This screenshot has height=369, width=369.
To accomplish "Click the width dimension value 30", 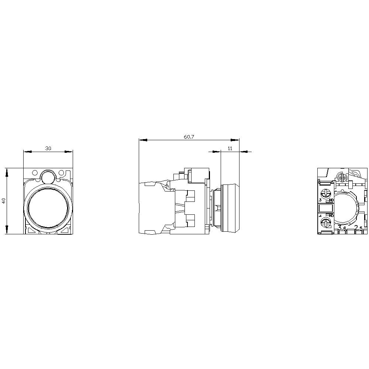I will point(48,148).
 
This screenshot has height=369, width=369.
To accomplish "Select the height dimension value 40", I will point(4,201).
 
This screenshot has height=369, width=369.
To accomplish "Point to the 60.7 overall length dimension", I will point(189,137).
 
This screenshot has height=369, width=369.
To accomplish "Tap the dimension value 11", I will point(230,148).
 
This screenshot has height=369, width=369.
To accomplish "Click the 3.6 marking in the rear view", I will point(342,228).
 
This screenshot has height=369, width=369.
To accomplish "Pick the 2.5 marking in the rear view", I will point(358,228).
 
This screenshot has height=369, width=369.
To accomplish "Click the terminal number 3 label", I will point(320,200).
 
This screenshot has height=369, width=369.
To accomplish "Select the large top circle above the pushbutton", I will point(48,177).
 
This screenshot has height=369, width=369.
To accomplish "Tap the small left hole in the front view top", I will point(35,172).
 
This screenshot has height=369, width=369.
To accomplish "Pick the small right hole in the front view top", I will point(61,172).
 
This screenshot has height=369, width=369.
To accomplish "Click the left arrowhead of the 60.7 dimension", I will point(142,140).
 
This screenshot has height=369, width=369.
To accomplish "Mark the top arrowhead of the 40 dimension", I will point(7,171).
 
